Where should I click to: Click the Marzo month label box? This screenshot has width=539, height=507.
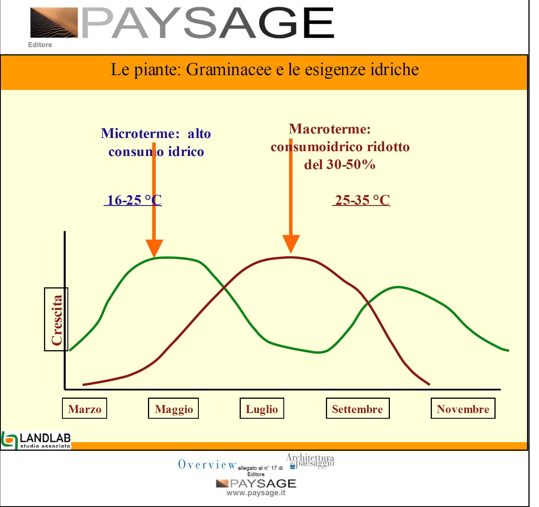pyautogui.click(x=85, y=408)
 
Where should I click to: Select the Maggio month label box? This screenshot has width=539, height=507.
pyautogui.click(x=173, y=408)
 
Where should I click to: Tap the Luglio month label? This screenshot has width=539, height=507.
pyautogui.click(x=262, y=408)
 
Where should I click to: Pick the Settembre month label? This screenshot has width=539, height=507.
pyautogui.click(x=358, y=408)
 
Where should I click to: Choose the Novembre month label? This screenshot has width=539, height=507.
pyautogui.click(x=463, y=408)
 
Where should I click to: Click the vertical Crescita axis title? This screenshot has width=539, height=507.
pyautogui.click(x=56, y=319)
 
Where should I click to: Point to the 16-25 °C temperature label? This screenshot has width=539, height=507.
pyautogui.click(x=133, y=200)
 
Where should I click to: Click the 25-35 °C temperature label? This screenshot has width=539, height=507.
pyautogui.click(x=361, y=200)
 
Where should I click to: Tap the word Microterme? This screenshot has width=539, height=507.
pyautogui.click(x=140, y=133)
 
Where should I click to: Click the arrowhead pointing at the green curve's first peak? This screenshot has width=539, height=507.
pyautogui.click(x=154, y=248)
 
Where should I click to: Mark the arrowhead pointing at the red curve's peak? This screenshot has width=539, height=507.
pyautogui.click(x=291, y=244)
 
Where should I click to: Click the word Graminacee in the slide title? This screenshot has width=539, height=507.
pyautogui.click(x=229, y=70)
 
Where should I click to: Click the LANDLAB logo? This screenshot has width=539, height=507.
pyautogui.click(x=36, y=440)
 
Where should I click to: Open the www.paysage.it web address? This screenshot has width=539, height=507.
pyautogui.click(x=256, y=493)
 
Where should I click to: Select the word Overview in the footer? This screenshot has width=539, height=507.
pyautogui.click(x=207, y=464)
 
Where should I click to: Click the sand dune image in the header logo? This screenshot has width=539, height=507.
pyautogui.click(x=54, y=23)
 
